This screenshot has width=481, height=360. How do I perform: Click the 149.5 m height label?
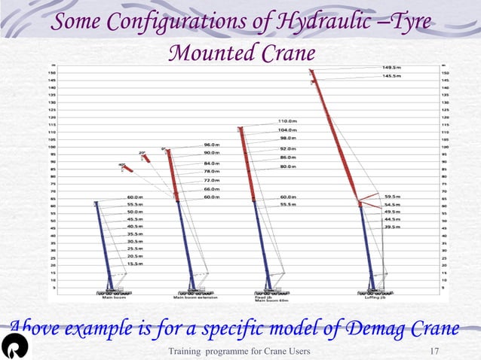point(391,68)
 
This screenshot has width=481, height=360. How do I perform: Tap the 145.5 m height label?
point(391,76)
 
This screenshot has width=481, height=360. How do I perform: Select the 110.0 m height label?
point(287,121)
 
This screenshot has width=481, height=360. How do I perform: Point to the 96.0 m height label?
point(212,145)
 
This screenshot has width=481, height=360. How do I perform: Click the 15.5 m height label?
point(136,264)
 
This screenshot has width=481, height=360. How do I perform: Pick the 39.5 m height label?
point(392,227)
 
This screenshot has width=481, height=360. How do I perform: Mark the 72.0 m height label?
point(212,181)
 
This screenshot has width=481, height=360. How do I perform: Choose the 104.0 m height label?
point(287,130)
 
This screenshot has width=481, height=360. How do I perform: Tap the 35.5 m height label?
point(136,234)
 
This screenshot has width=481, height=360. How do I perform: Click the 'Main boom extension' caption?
point(196,297)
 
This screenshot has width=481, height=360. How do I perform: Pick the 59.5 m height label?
point(392,197)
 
